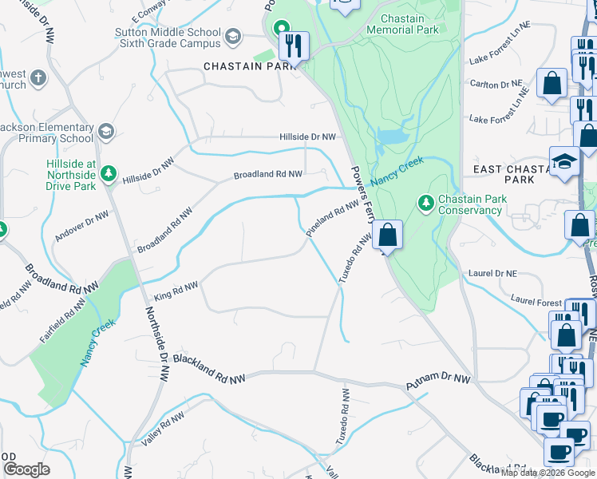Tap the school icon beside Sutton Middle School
pos(233,37)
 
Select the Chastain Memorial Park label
pos(402,24)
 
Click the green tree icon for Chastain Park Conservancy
pos(426,204)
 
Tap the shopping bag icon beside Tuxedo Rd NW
pos(387,236)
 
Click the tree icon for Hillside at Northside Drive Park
pos(110,173)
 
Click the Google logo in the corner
pos(26,469)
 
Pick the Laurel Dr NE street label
pos(493,273)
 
